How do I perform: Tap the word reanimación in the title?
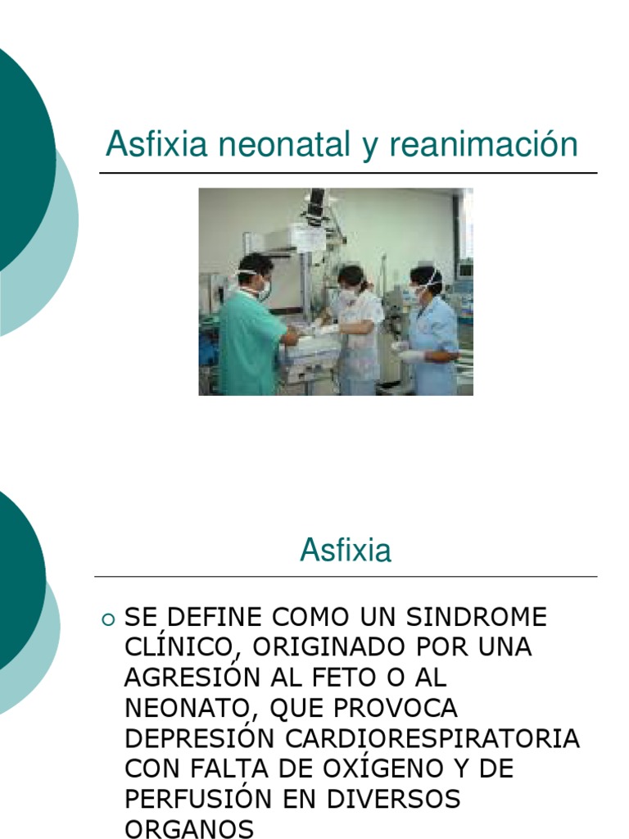pos(483,145)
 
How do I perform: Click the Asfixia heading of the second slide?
pos(346,550)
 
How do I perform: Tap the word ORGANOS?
pos(189,828)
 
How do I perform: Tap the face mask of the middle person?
pos(347,294)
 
